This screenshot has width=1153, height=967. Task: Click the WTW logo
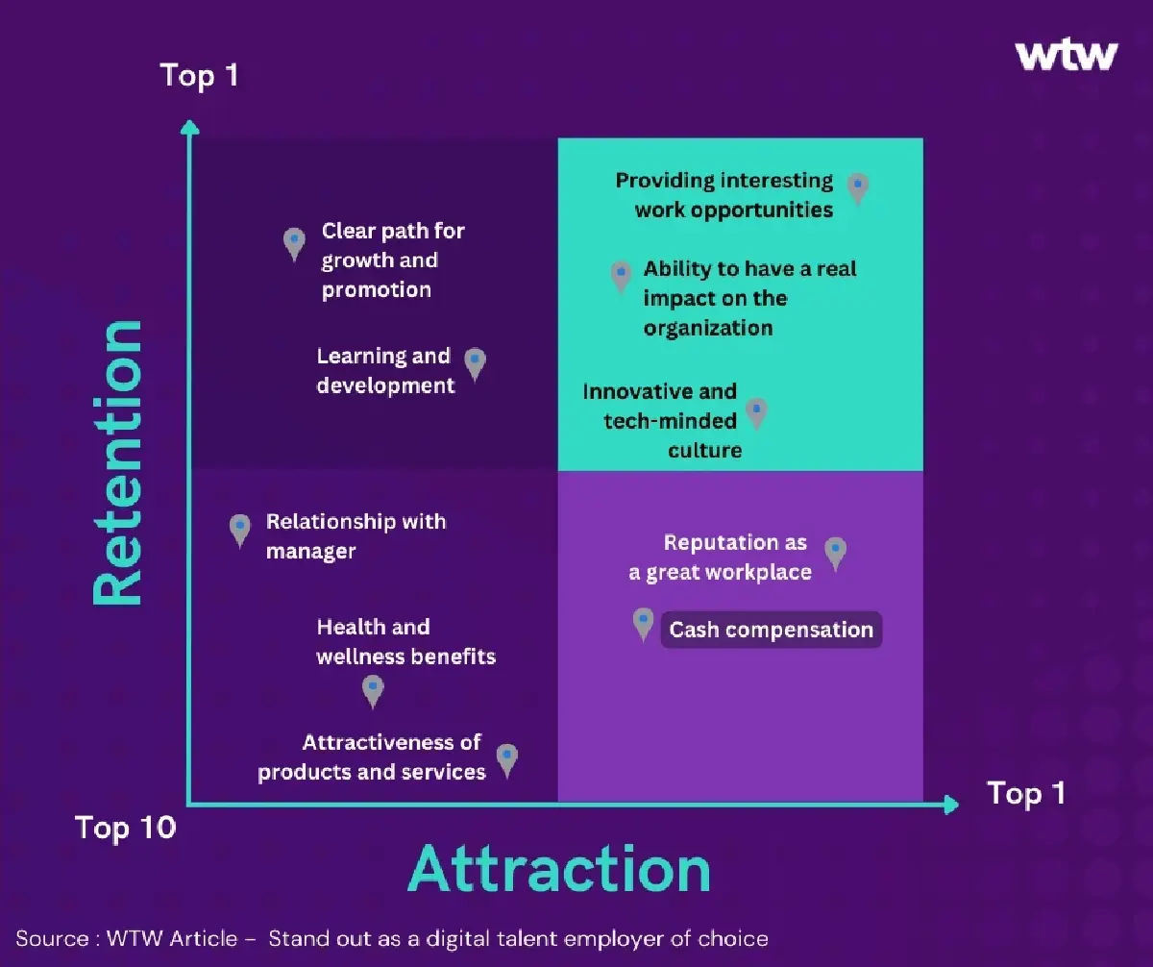(1067, 55)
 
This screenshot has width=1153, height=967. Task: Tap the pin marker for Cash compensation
(644, 623)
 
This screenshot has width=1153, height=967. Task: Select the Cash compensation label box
(771, 630)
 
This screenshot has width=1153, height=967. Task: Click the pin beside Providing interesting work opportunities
(858, 187)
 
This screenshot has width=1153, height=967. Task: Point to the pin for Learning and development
(475, 362)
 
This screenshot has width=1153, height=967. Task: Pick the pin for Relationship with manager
(240, 529)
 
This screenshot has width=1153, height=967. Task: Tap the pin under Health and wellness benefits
(373, 689)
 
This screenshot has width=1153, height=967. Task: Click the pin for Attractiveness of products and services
(507, 758)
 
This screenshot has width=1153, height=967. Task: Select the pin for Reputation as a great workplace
(836, 552)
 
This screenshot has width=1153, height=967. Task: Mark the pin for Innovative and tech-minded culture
(757, 412)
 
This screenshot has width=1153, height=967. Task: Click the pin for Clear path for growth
(295, 242)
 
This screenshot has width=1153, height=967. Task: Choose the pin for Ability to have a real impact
(622, 275)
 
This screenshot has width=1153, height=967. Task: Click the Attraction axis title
(559, 870)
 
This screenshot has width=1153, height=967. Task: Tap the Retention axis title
(117, 462)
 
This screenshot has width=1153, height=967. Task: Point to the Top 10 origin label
(126, 827)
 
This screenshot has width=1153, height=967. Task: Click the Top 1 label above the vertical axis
(199, 75)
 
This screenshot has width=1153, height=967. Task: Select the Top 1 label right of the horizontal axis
(1026, 793)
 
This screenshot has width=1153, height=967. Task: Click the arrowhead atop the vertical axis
(190, 127)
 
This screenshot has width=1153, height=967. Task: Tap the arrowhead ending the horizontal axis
(951, 804)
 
